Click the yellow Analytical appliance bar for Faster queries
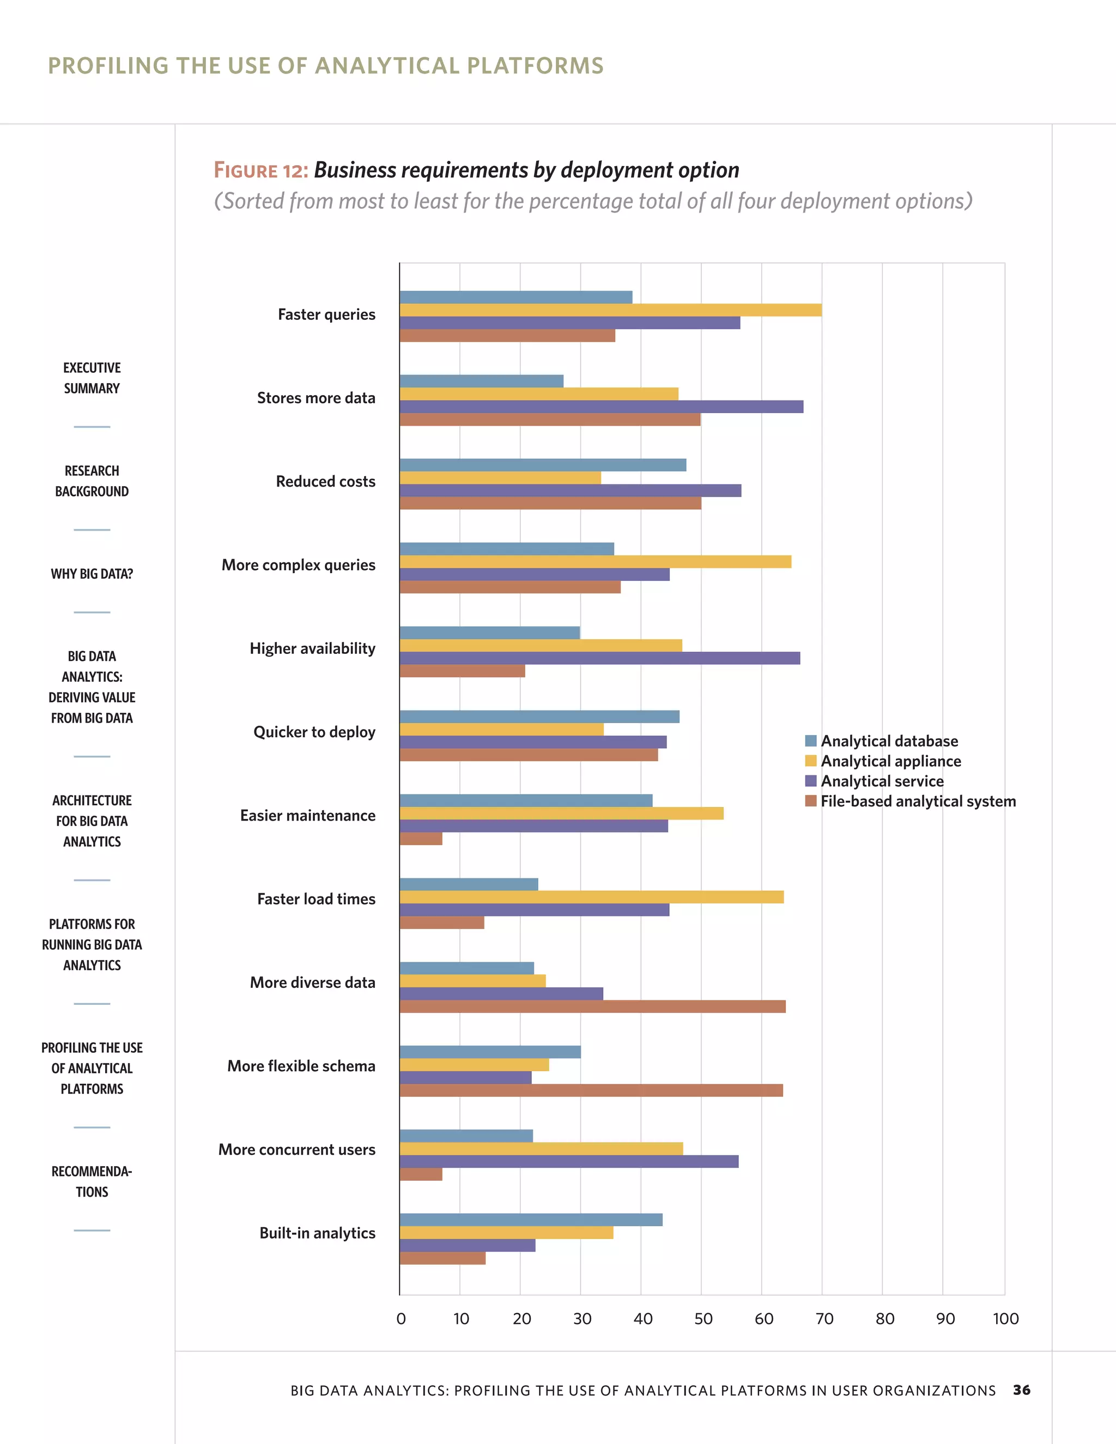click(x=610, y=310)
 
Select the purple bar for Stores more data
click(x=601, y=406)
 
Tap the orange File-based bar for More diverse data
click(x=592, y=1006)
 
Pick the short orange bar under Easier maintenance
click(x=421, y=839)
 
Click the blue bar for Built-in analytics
click(x=531, y=1220)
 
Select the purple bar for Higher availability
click(x=599, y=658)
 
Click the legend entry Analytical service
click(x=882, y=781)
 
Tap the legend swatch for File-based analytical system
click(x=810, y=802)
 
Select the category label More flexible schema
click(x=301, y=1066)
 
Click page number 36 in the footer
click(x=1022, y=1390)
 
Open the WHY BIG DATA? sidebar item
click(x=92, y=574)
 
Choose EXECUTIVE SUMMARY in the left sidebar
click(x=92, y=378)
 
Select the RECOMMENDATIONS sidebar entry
click(x=92, y=1181)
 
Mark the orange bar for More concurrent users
click(x=421, y=1174)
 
